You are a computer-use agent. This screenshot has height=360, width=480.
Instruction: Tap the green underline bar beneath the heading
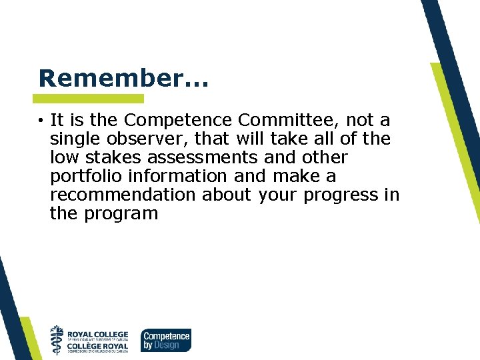pos(90,99)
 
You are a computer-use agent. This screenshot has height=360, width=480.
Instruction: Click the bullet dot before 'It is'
pos(41,121)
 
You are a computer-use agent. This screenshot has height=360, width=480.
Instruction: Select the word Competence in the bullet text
pos(178,121)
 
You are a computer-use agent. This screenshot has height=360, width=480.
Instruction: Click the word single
pos(72,139)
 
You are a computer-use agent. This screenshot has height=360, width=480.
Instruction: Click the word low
pos(63,158)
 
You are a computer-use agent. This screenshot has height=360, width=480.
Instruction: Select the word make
pos(297,177)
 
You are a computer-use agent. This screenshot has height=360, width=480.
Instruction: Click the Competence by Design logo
pos(165,340)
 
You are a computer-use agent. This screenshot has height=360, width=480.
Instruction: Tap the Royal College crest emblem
pos(57,339)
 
